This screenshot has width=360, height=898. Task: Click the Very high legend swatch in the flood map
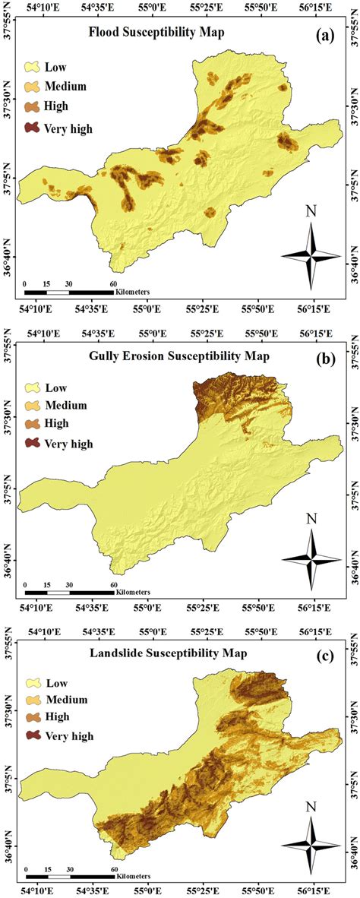[x=33, y=128]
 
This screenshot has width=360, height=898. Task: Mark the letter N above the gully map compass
[x=311, y=520]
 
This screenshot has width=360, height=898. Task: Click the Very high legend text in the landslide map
[x=69, y=735]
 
